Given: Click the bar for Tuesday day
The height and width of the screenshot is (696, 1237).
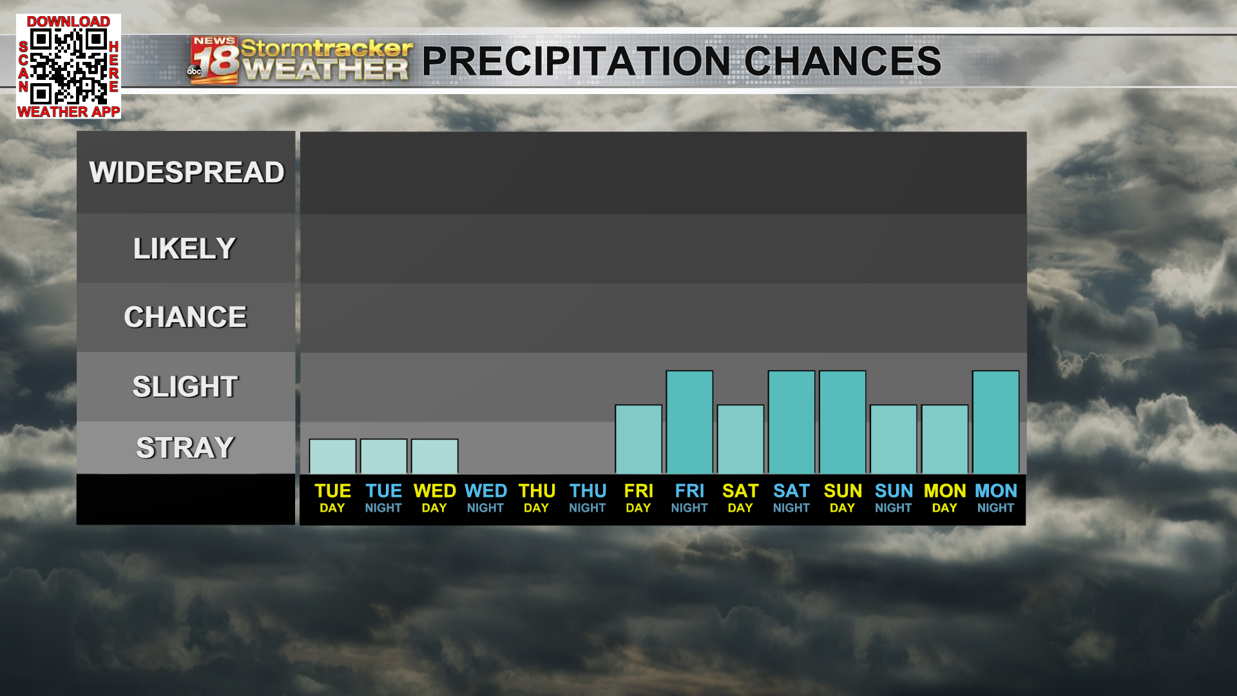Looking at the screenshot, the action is click(332, 456).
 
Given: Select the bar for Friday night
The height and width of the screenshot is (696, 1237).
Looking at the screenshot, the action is click(689, 422).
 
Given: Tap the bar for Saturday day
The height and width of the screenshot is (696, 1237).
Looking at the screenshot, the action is click(740, 440).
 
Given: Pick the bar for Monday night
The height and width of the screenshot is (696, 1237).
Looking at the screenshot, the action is click(995, 422).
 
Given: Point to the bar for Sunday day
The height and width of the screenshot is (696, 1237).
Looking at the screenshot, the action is click(842, 422).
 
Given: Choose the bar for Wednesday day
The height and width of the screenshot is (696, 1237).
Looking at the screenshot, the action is click(434, 456).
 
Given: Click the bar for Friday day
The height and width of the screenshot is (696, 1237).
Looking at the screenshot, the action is click(638, 440).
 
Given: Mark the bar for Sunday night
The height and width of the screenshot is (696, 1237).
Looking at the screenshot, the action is click(894, 440).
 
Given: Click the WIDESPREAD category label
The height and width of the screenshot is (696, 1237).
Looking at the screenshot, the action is click(187, 173).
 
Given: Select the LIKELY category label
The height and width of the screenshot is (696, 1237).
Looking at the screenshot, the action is click(185, 249).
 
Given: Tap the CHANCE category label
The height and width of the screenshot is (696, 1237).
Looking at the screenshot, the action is click(186, 317).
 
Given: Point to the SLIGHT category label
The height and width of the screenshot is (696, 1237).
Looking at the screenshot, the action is click(186, 387).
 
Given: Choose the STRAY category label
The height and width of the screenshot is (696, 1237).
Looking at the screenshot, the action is click(186, 448).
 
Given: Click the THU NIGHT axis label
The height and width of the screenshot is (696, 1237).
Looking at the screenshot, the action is click(588, 498).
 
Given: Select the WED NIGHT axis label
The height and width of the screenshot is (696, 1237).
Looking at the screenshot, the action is click(486, 498).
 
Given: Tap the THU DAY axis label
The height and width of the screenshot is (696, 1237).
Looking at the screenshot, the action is click(537, 498).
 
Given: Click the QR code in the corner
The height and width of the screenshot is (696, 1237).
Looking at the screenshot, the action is click(68, 66).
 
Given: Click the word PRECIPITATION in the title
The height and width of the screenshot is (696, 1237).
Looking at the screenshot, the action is click(576, 61).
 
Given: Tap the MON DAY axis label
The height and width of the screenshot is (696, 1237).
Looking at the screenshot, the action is click(945, 498).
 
